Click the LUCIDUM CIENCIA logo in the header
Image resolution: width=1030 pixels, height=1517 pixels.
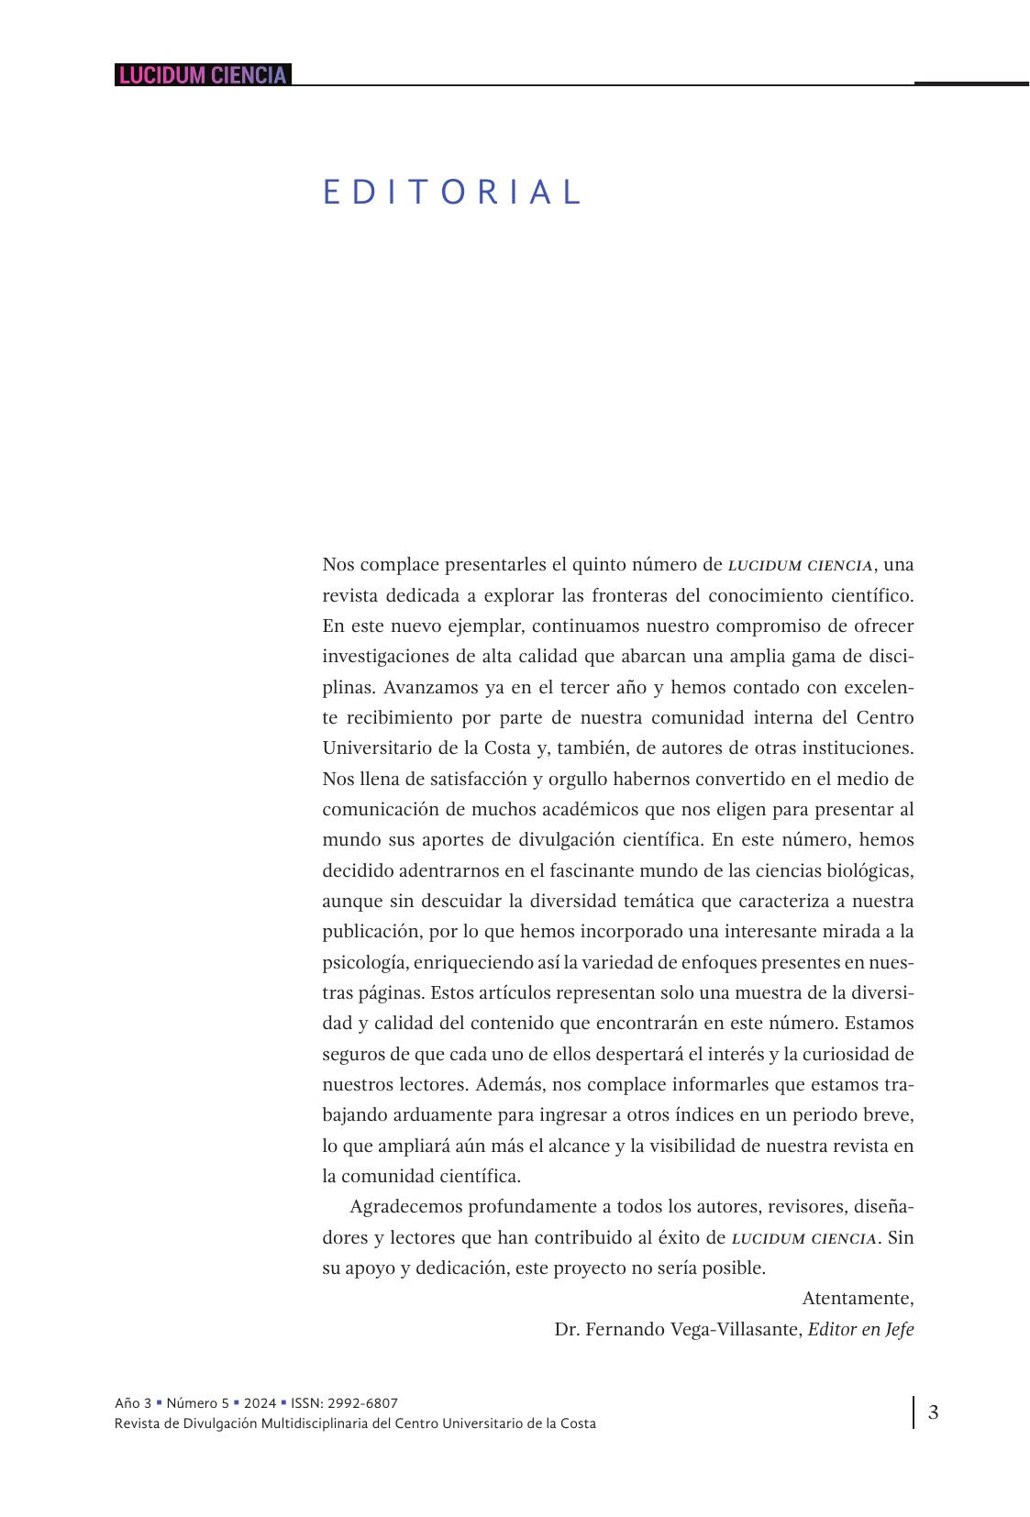203,75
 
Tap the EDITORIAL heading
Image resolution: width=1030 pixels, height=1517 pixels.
452,193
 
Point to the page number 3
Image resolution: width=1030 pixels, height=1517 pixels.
933,1412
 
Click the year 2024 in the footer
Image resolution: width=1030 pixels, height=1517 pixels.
260,1403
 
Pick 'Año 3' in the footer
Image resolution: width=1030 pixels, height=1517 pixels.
133,1403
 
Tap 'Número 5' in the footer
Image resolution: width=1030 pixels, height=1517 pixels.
198,1403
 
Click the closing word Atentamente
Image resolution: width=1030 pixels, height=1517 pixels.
858,1299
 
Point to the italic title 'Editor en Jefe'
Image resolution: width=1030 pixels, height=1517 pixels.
860,1330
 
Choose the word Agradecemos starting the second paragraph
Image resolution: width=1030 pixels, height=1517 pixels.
404,1207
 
